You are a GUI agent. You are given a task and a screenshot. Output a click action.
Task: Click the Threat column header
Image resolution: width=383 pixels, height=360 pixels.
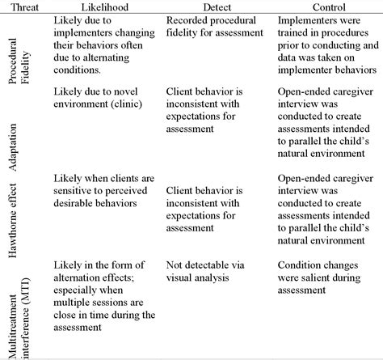coord(22,6)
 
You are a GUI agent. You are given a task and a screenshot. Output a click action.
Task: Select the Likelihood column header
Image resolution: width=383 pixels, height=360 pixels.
coord(103,6)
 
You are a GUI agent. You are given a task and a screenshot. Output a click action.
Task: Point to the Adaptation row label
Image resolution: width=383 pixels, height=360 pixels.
coord(22,145)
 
